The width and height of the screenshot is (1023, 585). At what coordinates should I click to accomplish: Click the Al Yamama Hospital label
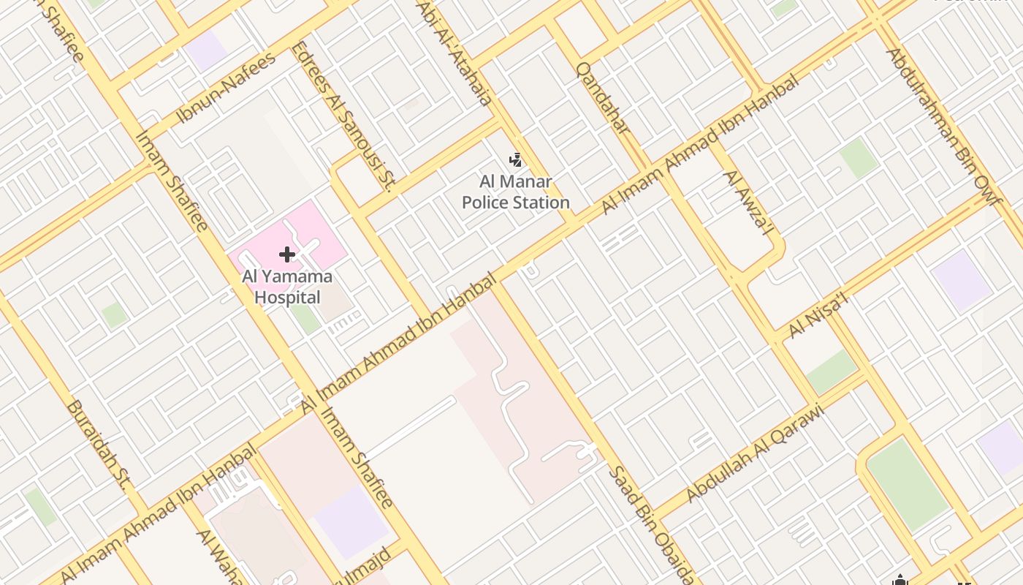[x=287, y=287]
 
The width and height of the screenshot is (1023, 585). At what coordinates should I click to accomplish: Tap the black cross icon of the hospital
[x=287, y=254]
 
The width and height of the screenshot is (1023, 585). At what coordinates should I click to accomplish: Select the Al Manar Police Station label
[x=516, y=192]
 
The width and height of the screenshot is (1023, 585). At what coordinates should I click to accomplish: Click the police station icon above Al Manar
[x=516, y=159]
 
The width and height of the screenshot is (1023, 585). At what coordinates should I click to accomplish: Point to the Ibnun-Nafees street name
[x=226, y=87]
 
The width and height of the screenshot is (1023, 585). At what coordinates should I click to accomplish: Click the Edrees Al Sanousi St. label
[x=343, y=117]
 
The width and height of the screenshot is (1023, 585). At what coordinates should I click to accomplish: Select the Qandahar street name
[x=603, y=98]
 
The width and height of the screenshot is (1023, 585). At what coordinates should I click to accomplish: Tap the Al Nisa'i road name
[x=818, y=317]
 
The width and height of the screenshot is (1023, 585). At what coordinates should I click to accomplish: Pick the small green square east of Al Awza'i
[x=858, y=158]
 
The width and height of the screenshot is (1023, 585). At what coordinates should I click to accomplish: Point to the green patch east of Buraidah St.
[x=113, y=315]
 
